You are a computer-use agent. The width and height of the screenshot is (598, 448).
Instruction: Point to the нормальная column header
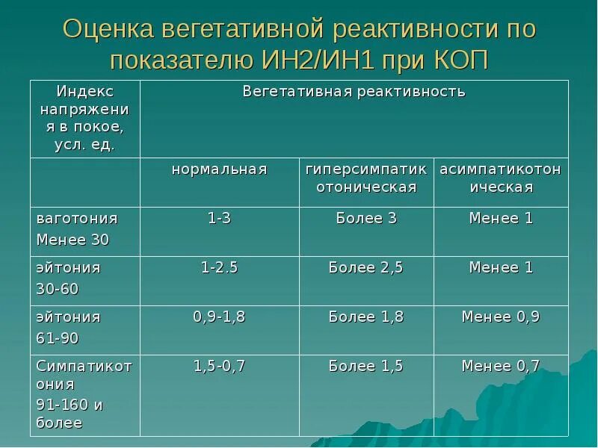coord(219,169)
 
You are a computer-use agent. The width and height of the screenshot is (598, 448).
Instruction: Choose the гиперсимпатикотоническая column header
coord(366,178)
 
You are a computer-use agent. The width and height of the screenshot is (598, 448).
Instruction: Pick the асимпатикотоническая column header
coord(501,178)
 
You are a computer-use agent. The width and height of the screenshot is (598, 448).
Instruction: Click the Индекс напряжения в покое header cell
coord(84,118)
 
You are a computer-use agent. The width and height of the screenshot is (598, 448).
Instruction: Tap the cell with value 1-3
coord(219,218)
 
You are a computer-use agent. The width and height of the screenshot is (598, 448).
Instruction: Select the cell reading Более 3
coord(366,218)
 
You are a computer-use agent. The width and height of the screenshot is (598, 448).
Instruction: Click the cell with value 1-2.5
coord(219,267)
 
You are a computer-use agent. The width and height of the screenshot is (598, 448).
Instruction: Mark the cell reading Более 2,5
coord(366,267)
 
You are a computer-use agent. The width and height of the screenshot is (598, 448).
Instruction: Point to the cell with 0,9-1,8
coord(219,317)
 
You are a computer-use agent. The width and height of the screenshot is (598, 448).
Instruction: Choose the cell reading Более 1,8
coord(366,317)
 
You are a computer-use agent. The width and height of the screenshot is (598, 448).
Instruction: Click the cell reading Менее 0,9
coord(501,317)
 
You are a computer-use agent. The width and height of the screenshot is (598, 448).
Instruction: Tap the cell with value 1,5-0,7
coord(219,366)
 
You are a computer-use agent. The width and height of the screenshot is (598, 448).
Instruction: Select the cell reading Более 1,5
coord(366,366)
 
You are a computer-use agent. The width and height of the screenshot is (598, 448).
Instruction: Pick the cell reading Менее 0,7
coord(501,366)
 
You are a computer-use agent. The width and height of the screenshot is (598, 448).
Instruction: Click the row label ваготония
coord(77,218)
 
